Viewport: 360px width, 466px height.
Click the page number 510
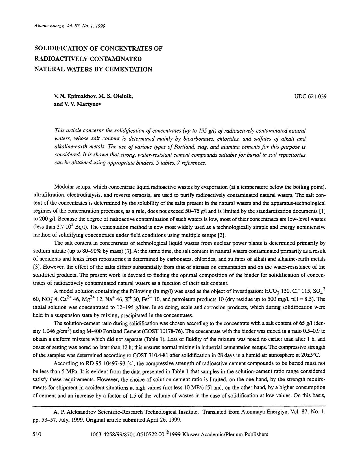pos(37,434)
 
